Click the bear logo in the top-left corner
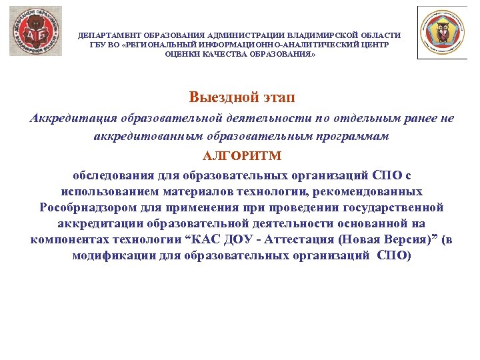[35, 31]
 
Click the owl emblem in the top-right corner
[442, 32]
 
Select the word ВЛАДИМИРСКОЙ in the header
[323, 35]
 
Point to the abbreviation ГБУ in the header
[98, 44]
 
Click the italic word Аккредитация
[73, 118]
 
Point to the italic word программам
[352, 135]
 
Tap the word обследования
[113, 175]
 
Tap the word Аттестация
[303, 239]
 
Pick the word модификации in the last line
[109, 256]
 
